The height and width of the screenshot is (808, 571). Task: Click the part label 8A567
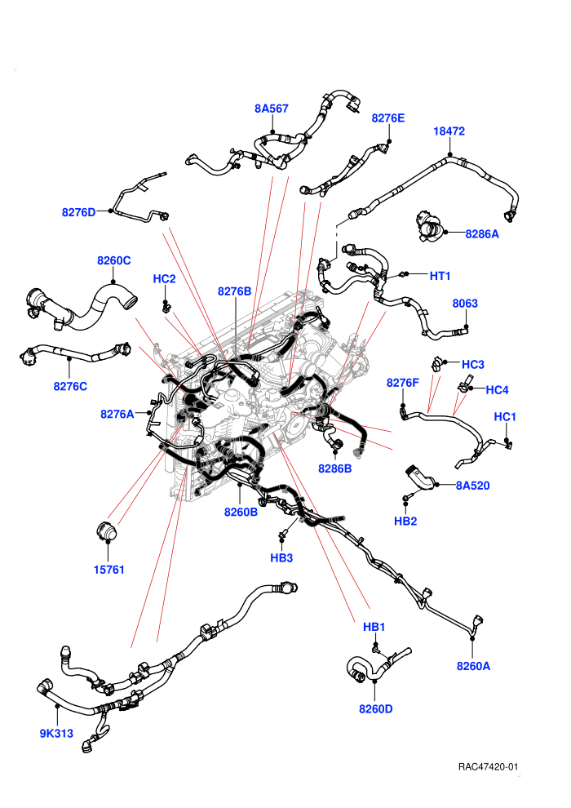coord(272,109)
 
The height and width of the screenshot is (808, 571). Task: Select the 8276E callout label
coord(388,118)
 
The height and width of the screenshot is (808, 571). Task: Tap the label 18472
coord(449,131)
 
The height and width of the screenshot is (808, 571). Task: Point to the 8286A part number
coord(482,234)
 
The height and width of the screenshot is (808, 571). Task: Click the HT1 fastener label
coord(440,276)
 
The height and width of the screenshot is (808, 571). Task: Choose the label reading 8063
coord(465,304)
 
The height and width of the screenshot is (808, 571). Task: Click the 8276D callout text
coord(79,212)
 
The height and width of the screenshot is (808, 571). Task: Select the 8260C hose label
coord(113,260)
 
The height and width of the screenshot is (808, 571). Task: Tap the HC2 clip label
coord(164,279)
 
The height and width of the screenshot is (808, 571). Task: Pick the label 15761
coord(108,570)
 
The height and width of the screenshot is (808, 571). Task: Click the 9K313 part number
coord(56,733)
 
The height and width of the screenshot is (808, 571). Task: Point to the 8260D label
coord(376,709)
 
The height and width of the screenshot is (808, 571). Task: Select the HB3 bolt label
coord(281,557)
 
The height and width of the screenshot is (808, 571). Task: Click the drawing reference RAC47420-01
coord(488,766)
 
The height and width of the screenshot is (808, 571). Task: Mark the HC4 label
coord(497,390)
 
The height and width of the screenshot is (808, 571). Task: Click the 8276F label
coord(403,383)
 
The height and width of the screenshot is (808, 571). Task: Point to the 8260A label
coord(473,666)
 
